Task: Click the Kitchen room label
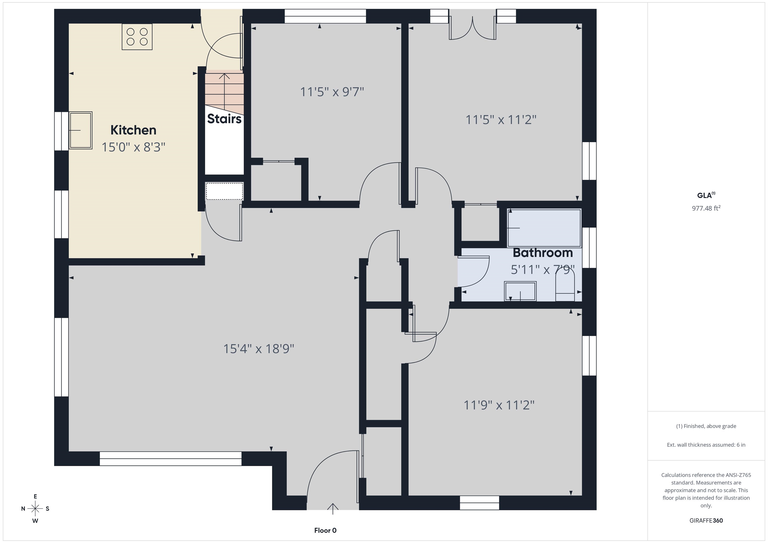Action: tap(133, 130)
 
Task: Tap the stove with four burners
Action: tap(137, 37)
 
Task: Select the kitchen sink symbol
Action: tap(80, 130)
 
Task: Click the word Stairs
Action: tap(224, 119)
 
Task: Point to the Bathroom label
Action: tap(542, 253)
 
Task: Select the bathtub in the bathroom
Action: tap(544, 228)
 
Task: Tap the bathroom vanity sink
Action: tap(520, 291)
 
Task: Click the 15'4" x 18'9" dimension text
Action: tap(258, 349)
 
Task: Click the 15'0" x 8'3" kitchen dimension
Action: tap(133, 147)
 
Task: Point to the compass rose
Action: tap(35, 509)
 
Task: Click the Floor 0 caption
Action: tap(325, 530)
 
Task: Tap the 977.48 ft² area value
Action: tap(706, 208)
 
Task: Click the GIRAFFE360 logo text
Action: tap(706, 521)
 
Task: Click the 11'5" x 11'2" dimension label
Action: tap(501, 120)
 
